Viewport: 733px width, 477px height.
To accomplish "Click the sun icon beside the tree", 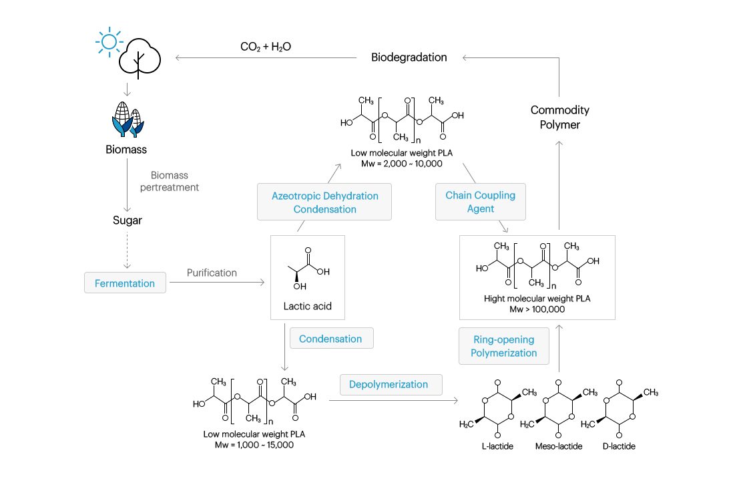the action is (109, 41).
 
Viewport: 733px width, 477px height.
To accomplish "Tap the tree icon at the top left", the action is (140, 58).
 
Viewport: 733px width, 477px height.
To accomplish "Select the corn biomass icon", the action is (128, 119).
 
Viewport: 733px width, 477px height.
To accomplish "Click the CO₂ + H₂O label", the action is (266, 47).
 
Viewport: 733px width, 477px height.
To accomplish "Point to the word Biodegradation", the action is (409, 57).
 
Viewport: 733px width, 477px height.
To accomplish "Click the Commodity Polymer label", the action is (559, 117).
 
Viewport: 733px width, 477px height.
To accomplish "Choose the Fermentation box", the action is (125, 283).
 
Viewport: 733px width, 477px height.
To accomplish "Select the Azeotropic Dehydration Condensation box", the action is (324, 202).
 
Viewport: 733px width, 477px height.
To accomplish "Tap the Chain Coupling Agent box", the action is (481, 202).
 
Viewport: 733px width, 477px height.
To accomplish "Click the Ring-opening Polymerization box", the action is (504, 346).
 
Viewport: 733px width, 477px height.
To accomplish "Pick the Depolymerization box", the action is (391, 384).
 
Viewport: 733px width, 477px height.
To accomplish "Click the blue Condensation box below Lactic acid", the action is (331, 338).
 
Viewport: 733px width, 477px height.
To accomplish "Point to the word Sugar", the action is (127, 220).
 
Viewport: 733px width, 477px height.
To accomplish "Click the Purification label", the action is (212, 273).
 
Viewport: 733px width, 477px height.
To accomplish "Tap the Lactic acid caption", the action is (307, 306).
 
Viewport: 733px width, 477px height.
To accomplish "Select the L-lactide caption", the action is (497, 446).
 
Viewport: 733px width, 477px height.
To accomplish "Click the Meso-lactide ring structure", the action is (559, 408).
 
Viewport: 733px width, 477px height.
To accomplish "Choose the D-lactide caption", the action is (619, 446).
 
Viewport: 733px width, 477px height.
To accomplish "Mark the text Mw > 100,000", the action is (537, 309).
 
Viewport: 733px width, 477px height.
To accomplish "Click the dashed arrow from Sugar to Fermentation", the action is (127, 250).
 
